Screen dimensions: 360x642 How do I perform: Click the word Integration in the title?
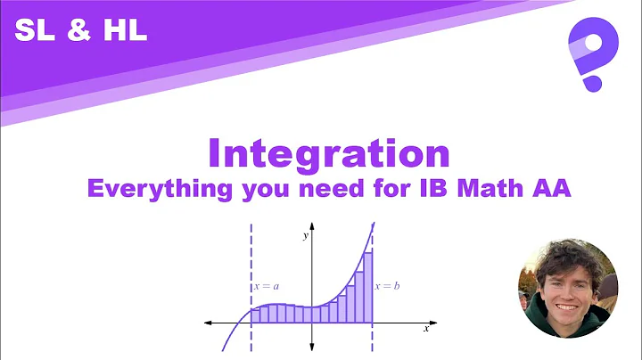[x=328, y=153]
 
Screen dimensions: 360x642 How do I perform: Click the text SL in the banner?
[x=31, y=32]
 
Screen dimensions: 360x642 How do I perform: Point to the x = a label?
[x=267, y=287]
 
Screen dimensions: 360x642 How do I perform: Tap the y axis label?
[x=305, y=235]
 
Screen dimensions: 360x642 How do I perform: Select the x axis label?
[x=426, y=330]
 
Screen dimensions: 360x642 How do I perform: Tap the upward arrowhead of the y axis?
[x=311, y=226]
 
